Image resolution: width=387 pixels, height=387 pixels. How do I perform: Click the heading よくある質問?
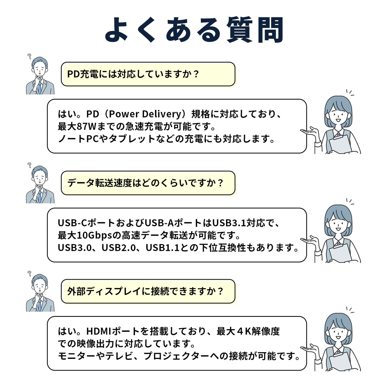194,29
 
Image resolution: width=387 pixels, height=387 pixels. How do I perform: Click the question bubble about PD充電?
148,74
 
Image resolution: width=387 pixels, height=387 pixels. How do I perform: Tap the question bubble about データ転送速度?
148,183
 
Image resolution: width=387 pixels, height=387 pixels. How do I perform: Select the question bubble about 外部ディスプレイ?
148,291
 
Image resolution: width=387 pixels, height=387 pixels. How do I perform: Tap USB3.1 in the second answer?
229,223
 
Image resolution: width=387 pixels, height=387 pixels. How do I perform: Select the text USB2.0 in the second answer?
119,248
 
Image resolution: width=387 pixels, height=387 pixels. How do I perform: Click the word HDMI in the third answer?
99,332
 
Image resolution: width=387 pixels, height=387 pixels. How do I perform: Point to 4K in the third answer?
243,332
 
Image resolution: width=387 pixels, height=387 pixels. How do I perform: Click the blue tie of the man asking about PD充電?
40,88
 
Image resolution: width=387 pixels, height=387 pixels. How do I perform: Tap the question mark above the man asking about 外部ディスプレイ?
29,273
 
